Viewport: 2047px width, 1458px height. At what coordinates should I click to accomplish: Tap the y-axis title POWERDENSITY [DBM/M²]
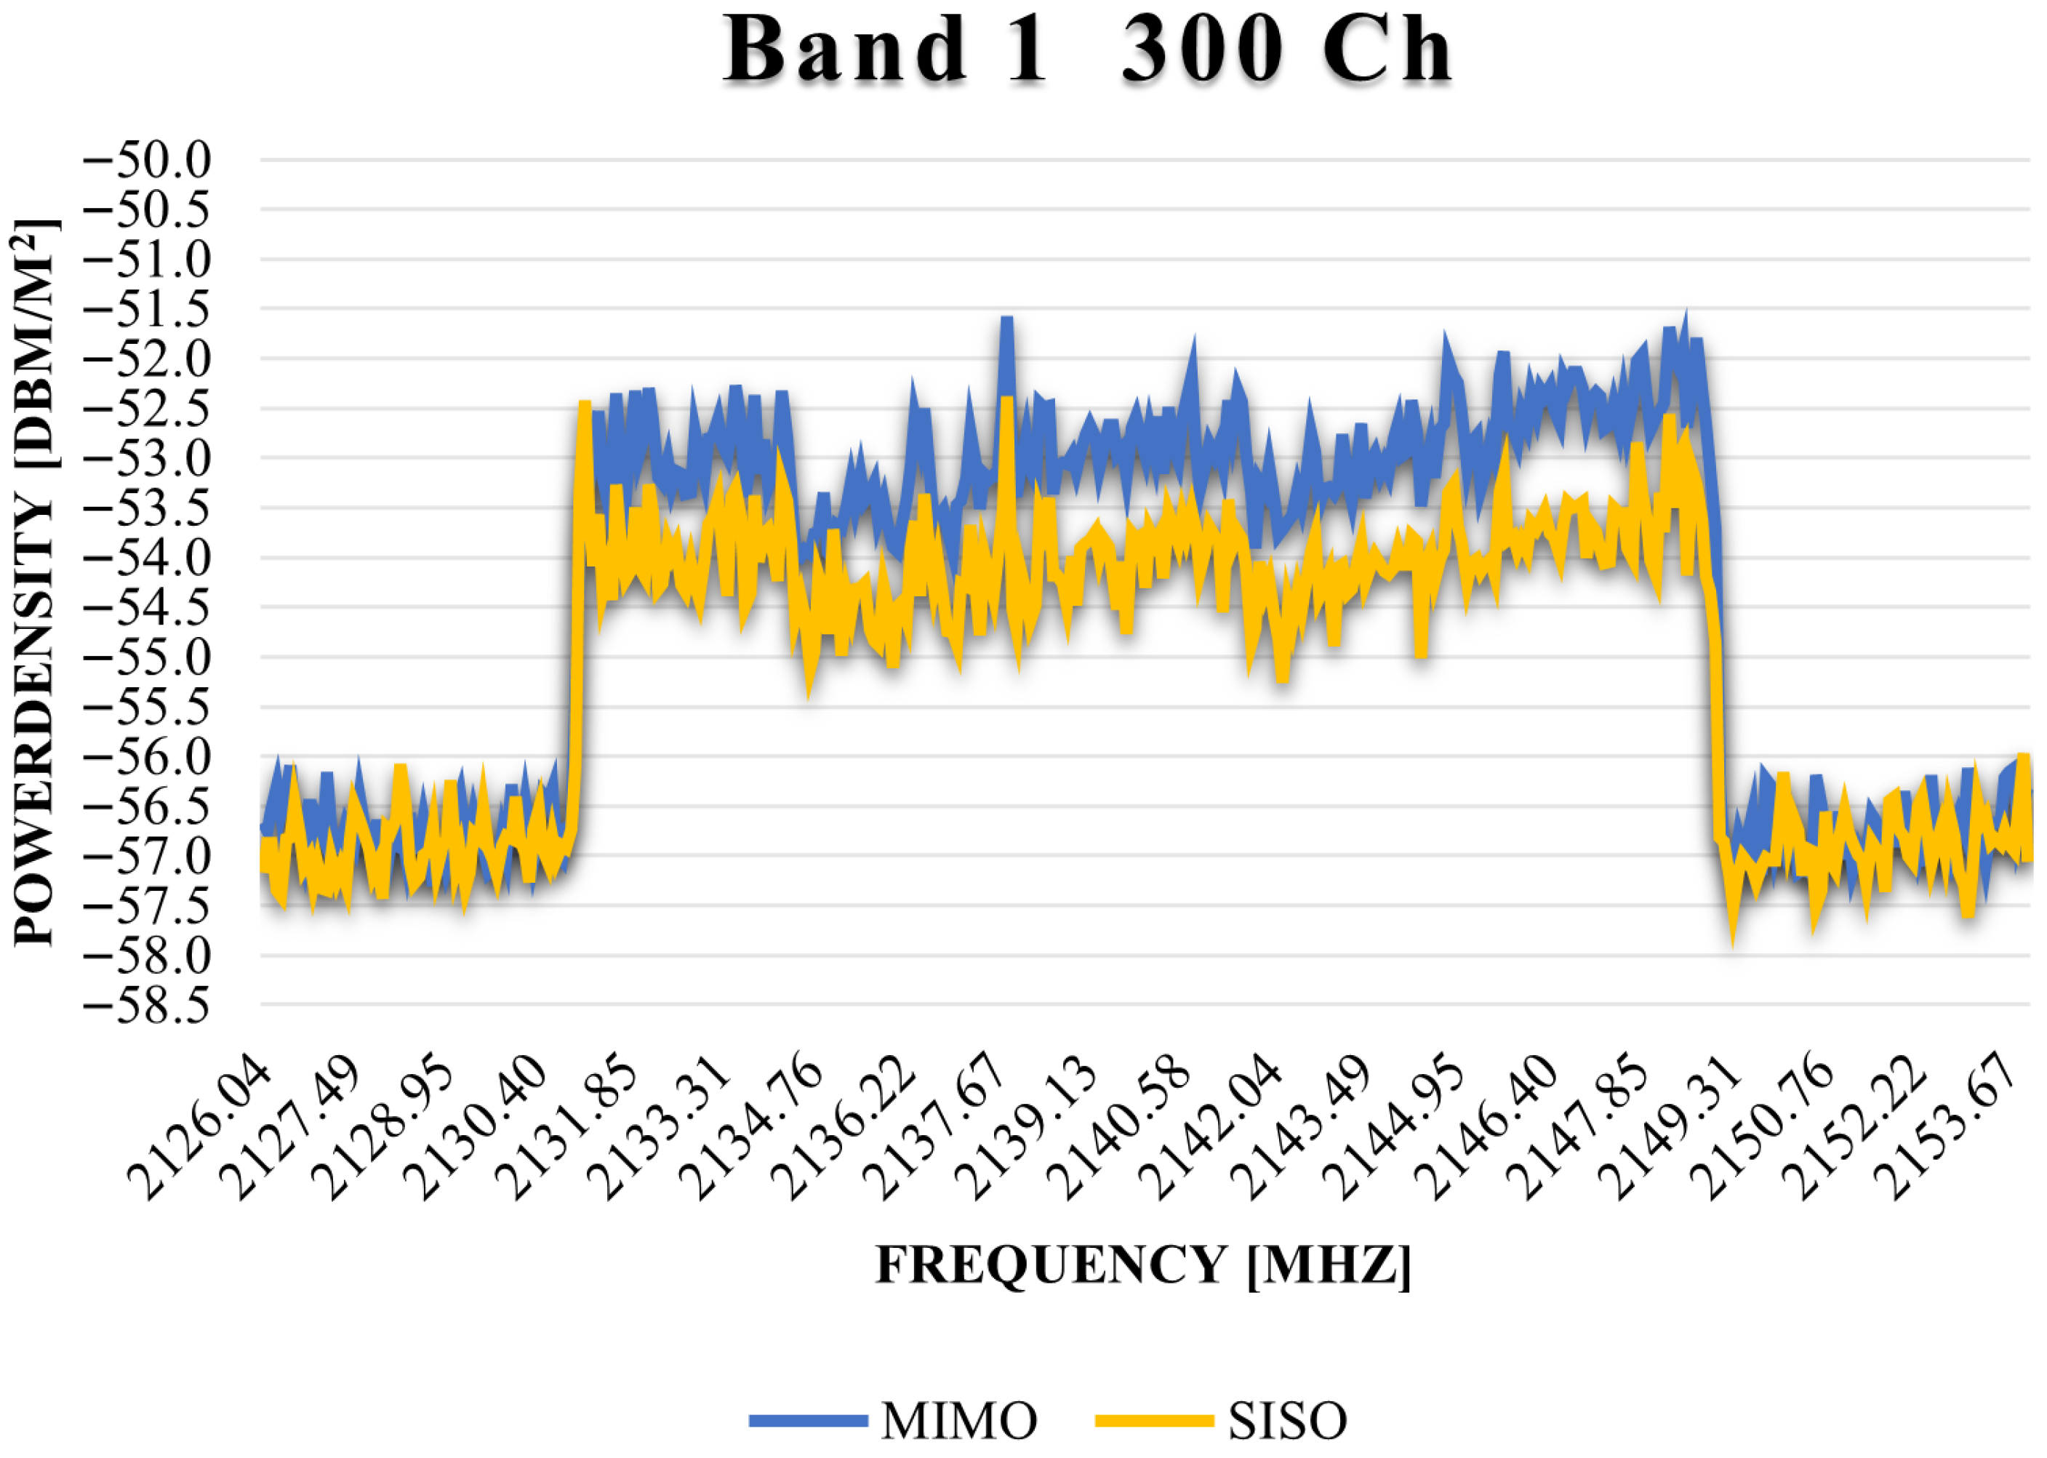(x=34, y=583)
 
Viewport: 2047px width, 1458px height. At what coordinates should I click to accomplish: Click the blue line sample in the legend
(x=808, y=1420)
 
